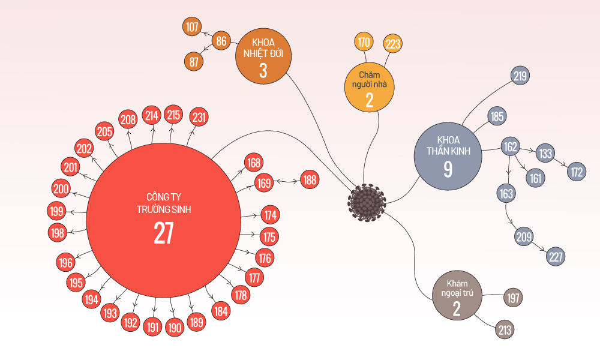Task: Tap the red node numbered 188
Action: (x=310, y=179)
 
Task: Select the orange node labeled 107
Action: (x=193, y=27)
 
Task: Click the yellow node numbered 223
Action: (x=393, y=43)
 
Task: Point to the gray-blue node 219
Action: (x=520, y=76)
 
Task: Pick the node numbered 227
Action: (x=556, y=257)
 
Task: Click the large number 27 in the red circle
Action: (x=163, y=233)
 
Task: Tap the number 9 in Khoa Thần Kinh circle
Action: (x=448, y=169)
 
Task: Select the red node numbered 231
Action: (x=199, y=118)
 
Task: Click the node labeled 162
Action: (x=510, y=146)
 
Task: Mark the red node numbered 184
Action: (x=221, y=311)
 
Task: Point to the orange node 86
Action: (x=221, y=41)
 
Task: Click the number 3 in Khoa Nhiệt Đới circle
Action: (x=263, y=71)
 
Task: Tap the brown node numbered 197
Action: (x=513, y=298)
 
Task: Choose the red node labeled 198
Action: (x=58, y=232)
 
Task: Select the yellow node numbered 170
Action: (x=364, y=42)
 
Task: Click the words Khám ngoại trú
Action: (x=457, y=289)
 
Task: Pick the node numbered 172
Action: (x=577, y=172)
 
